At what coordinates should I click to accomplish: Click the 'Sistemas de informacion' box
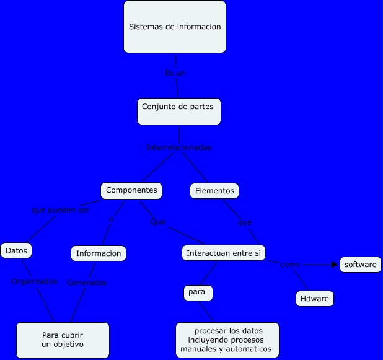point(175,27)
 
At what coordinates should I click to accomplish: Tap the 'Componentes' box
point(132,191)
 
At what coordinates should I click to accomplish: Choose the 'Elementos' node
point(214,191)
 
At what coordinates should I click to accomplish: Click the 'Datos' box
point(16,251)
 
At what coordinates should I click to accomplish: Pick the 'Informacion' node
point(99,253)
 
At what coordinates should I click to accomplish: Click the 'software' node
point(361,265)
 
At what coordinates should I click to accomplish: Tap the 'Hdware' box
point(315,299)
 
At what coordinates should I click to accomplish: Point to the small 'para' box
point(198,292)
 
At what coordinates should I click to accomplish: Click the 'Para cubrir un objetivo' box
point(63,340)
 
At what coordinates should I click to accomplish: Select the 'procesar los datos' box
point(227,340)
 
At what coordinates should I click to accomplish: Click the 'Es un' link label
point(175,73)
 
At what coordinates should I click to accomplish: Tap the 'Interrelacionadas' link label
point(179,147)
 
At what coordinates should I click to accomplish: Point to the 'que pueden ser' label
point(60,210)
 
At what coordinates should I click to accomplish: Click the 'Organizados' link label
point(35,281)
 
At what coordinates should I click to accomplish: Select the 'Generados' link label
point(87,283)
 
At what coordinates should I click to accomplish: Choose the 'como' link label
point(290,265)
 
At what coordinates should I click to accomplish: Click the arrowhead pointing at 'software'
point(335,265)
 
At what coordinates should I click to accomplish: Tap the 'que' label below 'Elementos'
point(245,222)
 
